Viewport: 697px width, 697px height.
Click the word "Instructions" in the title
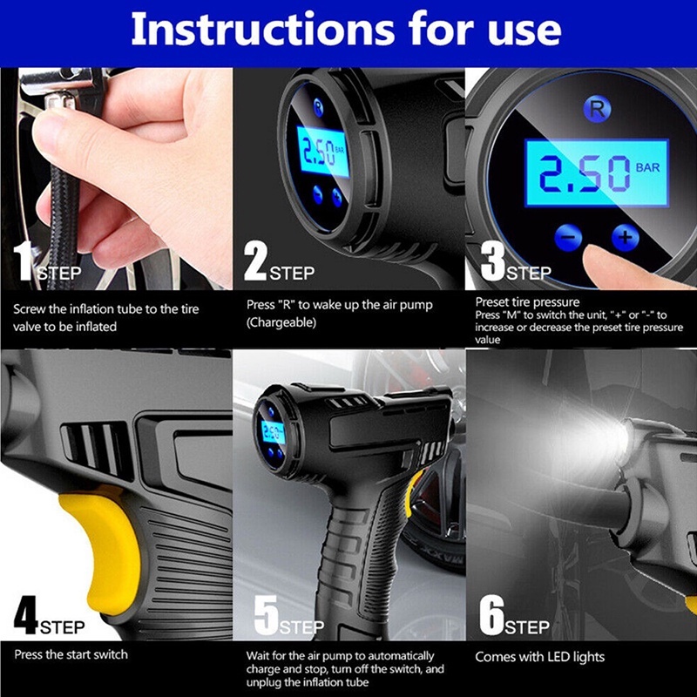click(263, 30)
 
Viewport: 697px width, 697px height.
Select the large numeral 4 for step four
click(26, 615)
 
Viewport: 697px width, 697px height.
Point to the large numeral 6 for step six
click(491, 615)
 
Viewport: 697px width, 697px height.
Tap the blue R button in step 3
click(597, 110)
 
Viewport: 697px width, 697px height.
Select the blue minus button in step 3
click(568, 237)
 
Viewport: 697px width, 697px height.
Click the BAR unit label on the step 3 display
click(647, 167)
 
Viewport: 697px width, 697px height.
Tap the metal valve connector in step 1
click(60, 98)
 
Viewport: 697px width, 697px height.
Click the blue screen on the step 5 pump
click(272, 431)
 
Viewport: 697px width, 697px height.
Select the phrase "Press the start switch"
click(71, 654)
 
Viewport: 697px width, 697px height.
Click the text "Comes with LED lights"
click(539, 657)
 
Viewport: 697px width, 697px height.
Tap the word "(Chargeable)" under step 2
click(281, 322)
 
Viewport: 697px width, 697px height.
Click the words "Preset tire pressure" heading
click(527, 302)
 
